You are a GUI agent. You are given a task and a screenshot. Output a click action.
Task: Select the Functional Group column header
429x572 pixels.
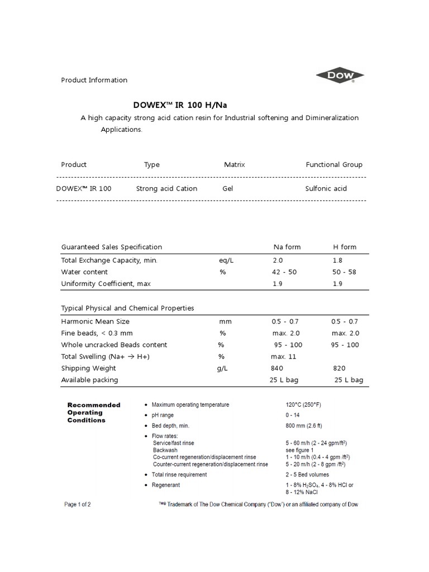tap(333, 165)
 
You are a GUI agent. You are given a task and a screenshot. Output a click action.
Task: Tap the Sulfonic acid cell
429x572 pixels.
tap(326, 189)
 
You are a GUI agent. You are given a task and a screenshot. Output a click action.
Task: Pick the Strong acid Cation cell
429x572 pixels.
tap(166, 189)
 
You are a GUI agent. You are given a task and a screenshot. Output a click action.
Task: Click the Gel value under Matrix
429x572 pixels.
tap(227, 189)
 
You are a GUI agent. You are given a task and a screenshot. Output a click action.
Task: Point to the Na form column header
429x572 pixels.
tap(287, 247)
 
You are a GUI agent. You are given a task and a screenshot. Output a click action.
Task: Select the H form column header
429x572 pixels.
tap(345, 247)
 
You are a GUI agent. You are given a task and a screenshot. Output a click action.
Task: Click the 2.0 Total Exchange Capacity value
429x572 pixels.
tap(278, 260)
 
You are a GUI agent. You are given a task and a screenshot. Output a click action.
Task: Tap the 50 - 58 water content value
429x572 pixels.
tap(344, 272)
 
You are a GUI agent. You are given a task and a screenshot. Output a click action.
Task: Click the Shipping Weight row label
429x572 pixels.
tap(88, 368)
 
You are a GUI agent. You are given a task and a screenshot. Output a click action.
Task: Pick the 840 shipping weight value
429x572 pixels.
tap(277, 368)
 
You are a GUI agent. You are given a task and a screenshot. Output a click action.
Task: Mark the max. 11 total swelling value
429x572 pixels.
tap(283, 356)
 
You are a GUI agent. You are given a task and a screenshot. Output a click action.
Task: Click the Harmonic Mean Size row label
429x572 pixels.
tap(95, 322)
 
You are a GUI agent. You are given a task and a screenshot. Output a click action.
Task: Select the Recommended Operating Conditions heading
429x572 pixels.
tap(94, 412)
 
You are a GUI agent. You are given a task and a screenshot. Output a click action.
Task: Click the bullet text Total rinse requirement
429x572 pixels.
tap(179, 475)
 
